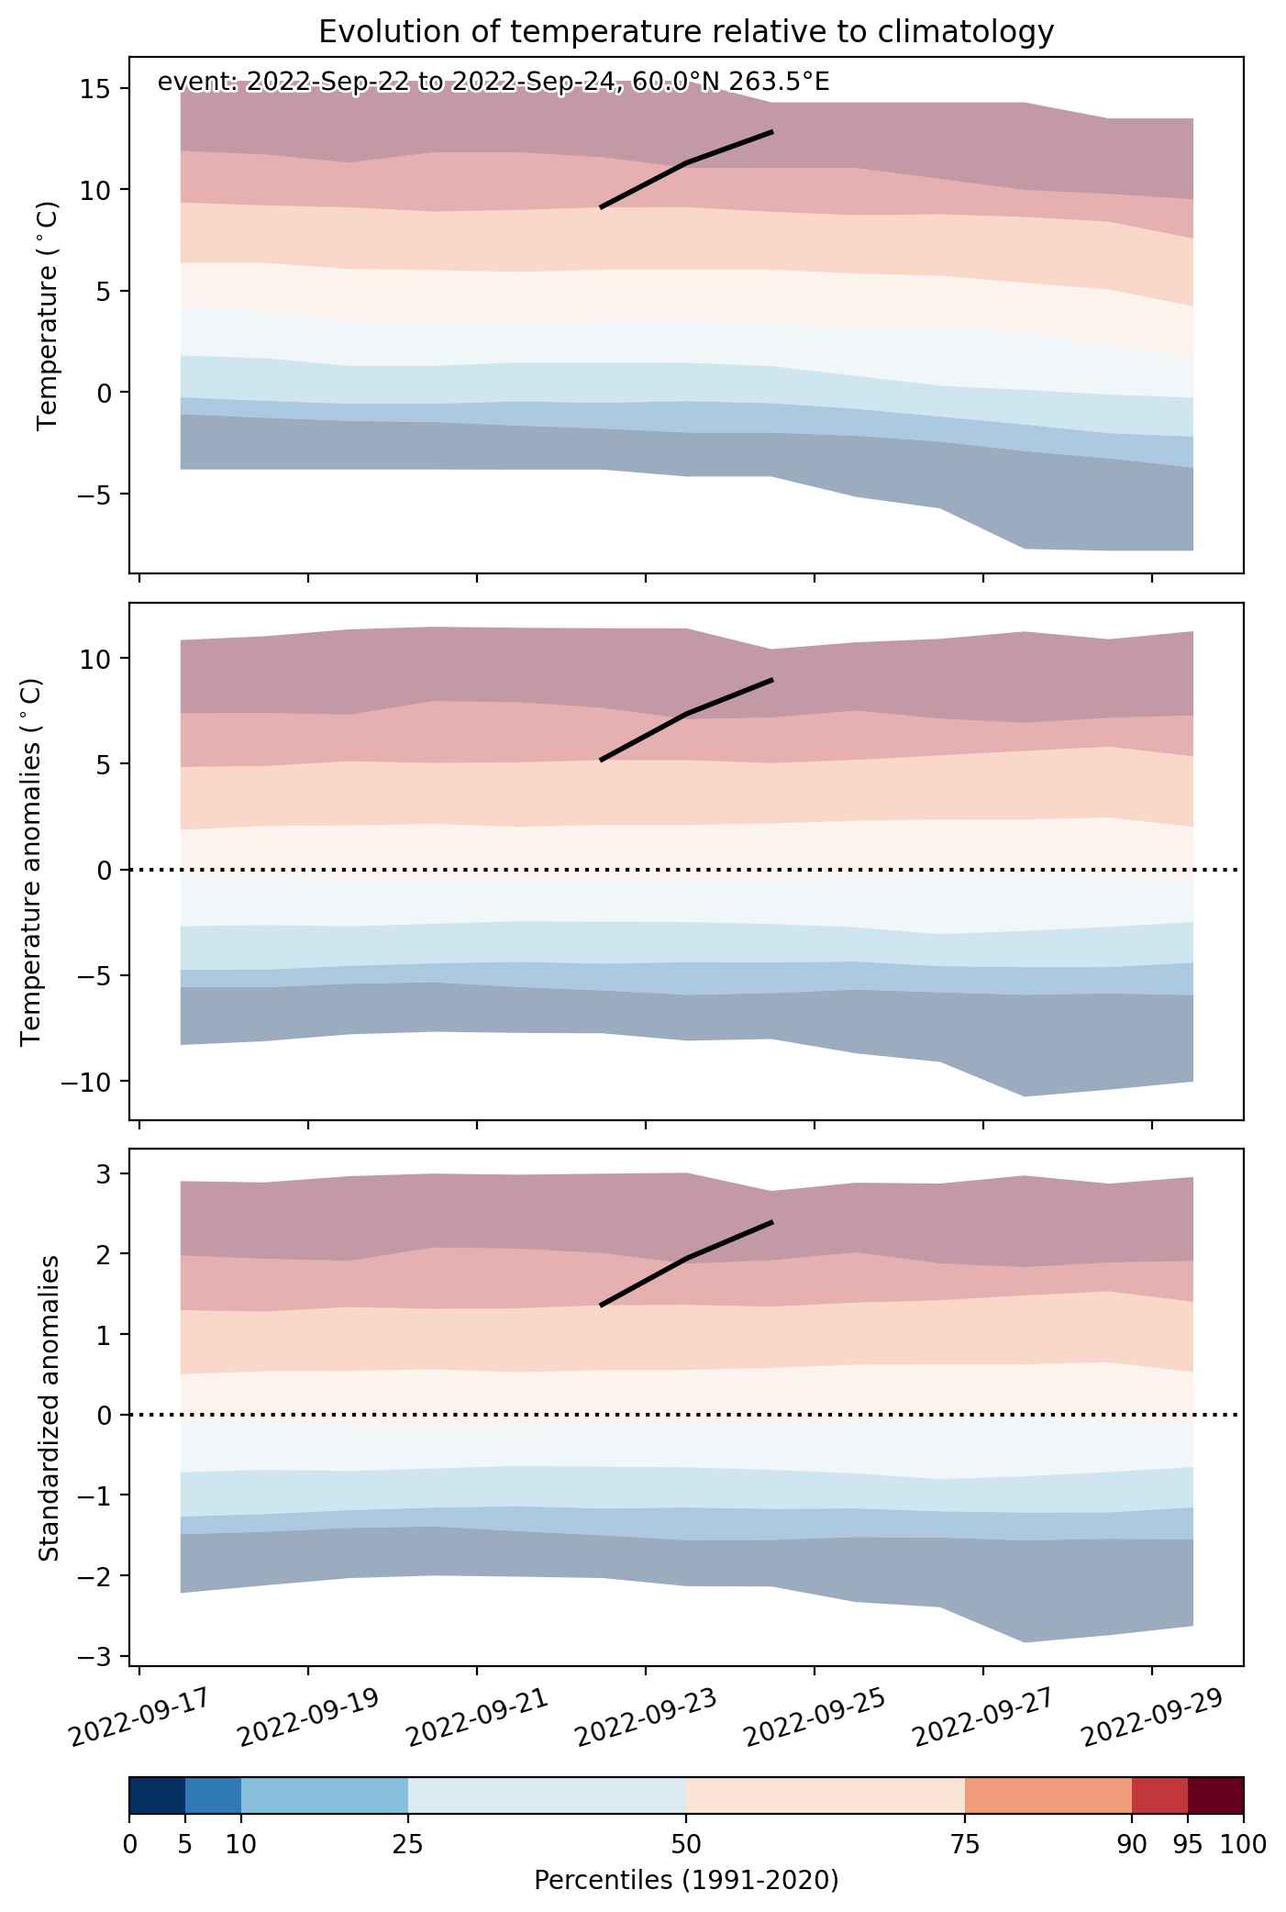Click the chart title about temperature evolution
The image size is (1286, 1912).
(686, 32)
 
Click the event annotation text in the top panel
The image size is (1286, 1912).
(493, 83)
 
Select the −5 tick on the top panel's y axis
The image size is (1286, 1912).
(92, 494)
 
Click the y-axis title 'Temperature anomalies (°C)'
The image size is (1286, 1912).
(31, 861)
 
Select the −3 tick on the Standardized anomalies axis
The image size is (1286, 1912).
(98, 1656)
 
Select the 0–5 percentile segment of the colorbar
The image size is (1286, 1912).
(157, 1795)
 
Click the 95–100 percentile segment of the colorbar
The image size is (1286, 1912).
(1215, 1795)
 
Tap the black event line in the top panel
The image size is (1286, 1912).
(687, 163)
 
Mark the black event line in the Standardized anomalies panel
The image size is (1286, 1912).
(687, 1258)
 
